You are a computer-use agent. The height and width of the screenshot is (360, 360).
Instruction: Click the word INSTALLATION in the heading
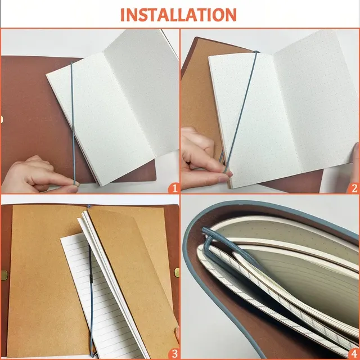pyautogui.click(x=178, y=15)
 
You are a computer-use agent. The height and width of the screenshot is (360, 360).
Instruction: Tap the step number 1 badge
pyautogui.click(x=174, y=188)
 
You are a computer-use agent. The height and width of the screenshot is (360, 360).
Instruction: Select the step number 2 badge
pyautogui.click(x=354, y=188)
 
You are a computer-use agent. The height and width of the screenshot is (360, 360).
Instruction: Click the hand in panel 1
pyautogui.click(x=39, y=175)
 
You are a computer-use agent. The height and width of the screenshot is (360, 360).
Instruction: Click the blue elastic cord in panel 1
pyautogui.click(x=73, y=124)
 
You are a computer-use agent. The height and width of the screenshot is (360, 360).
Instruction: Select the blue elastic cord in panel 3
pyautogui.click(x=91, y=299)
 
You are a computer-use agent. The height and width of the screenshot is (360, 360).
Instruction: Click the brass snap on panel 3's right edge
pyautogui.click(x=177, y=272)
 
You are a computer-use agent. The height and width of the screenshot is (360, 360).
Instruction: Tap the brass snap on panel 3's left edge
pyautogui.click(x=4, y=275)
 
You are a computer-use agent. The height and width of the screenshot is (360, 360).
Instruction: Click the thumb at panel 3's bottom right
pyautogui.click(x=177, y=335)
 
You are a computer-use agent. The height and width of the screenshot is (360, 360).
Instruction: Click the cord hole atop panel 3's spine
pyautogui.click(x=89, y=206)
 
